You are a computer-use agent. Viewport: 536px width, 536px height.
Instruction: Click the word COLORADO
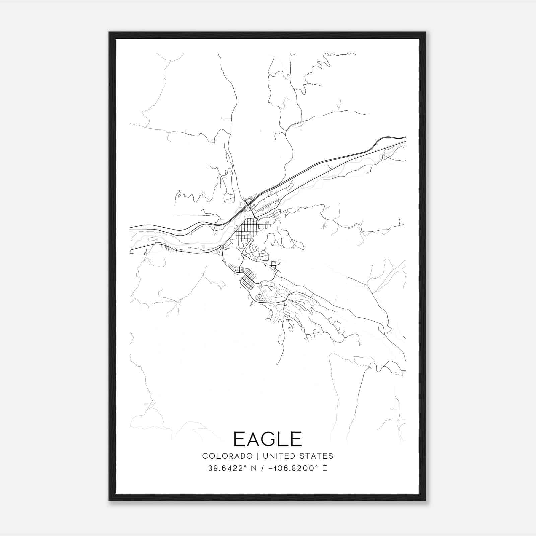pyautogui.click(x=227, y=456)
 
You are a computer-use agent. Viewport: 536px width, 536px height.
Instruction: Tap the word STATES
pyautogui.click(x=317, y=456)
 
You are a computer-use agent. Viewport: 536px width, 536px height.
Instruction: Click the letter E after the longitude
pyautogui.click(x=325, y=468)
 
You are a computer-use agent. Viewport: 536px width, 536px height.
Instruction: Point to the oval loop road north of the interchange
pyautogui.click(x=230, y=197)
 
